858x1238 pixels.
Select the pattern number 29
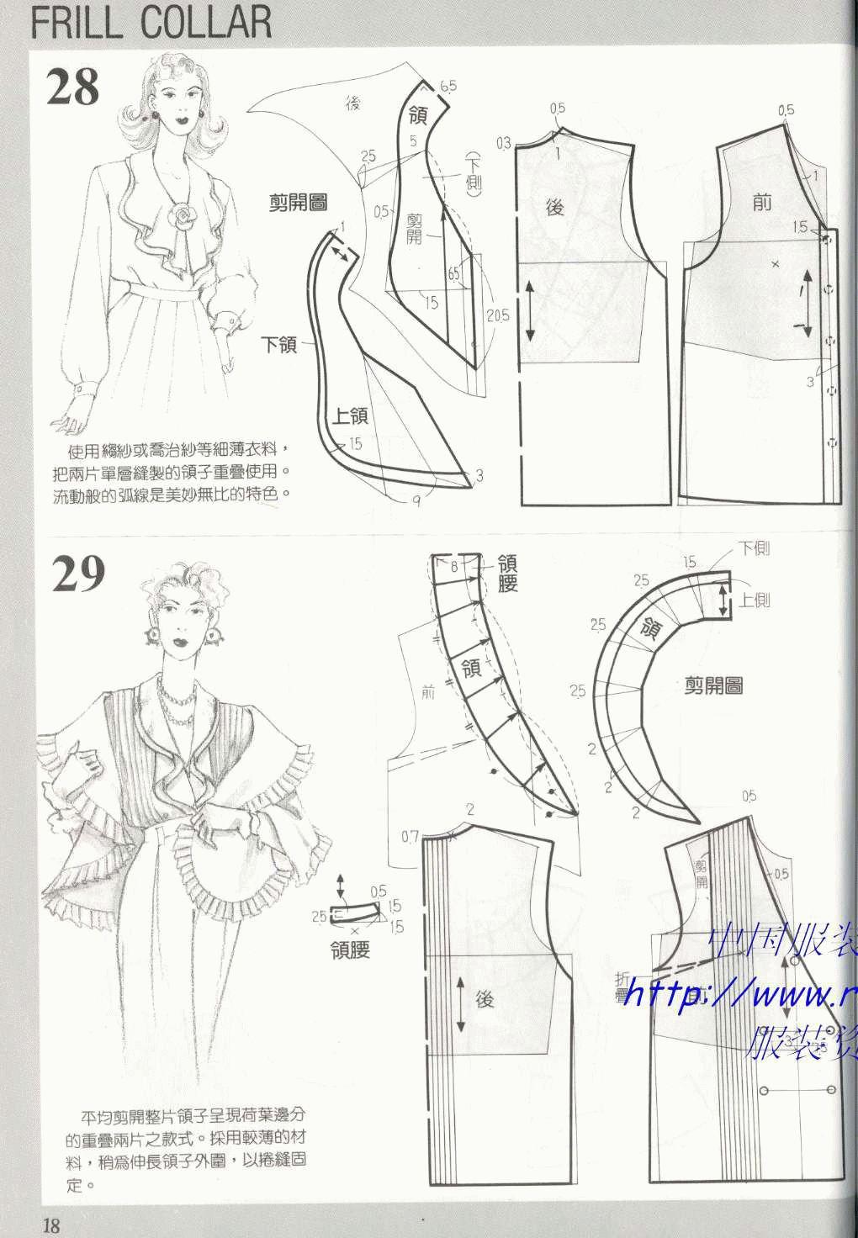coord(78,574)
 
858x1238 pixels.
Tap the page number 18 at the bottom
coord(51,1225)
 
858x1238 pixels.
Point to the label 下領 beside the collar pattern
coord(280,343)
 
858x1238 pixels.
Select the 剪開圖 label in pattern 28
coord(298,202)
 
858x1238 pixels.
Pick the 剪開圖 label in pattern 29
coord(713,685)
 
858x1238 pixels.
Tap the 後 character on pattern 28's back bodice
coord(554,206)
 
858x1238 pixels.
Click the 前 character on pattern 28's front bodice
coord(762,203)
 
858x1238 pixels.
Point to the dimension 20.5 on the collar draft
coord(498,315)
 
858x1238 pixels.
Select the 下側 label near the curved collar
coord(754,548)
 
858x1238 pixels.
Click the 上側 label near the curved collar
coord(755,600)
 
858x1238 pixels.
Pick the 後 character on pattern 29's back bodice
coord(484,999)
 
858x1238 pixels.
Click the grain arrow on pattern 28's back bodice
coord(530,310)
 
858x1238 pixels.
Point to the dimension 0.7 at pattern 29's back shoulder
coord(410,836)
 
